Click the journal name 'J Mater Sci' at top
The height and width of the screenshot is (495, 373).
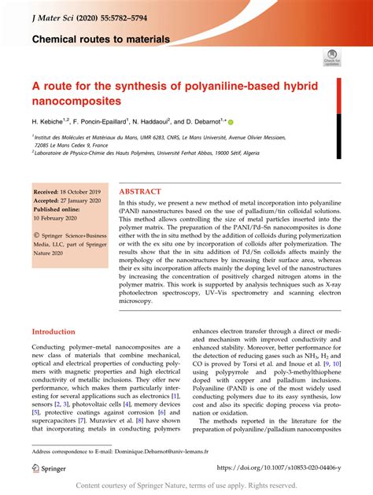[x=54, y=13]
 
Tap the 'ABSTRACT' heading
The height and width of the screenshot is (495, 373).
[x=140, y=191]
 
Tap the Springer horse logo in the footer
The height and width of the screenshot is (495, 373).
[x=36, y=467]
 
